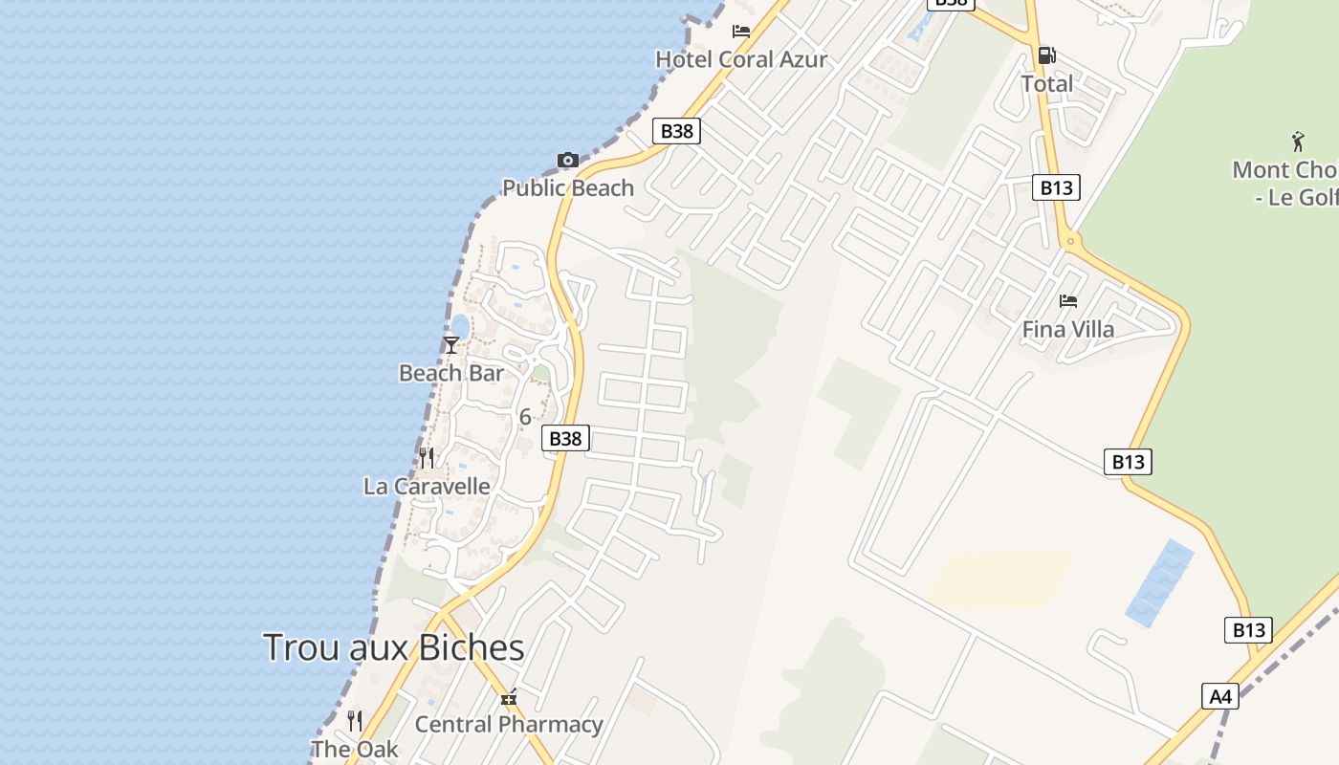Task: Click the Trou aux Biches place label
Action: pyautogui.click(x=393, y=647)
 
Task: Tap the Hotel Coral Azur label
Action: pyautogui.click(x=741, y=59)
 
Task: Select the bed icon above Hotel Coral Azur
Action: pyautogui.click(x=741, y=31)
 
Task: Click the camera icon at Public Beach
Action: pyautogui.click(x=568, y=160)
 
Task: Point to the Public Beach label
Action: pyautogui.click(x=568, y=187)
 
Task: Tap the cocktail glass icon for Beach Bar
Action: pyautogui.click(x=451, y=344)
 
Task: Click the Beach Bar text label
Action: pyautogui.click(x=451, y=373)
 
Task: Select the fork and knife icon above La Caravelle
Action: pyautogui.click(x=427, y=458)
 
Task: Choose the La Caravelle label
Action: pyautogui.click(x=427, y=486)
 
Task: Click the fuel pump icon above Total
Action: pyautogui.click(x=1047, y=55)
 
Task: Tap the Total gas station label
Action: pyautogui.click(x=1047, y=83)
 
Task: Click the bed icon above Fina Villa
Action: pyautogui.click(x=1068, y=301)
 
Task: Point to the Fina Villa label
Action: pyautogui.click(x=1068, y=329)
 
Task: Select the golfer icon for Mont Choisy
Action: pyautogui.click(x=1298, y=142)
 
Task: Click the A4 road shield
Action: pyautogui.click(x=1220, y=696)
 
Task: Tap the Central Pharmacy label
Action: pyautogui.click(x=509, y=725)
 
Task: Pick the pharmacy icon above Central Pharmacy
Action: pyautogui.click(x=509, y=698)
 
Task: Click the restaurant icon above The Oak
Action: pyautogui.click(x=355, y=720)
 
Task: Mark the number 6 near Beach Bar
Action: pyautogui.click(x=524, y=417)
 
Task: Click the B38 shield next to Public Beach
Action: pyautogui.click(x=676, y=131)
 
